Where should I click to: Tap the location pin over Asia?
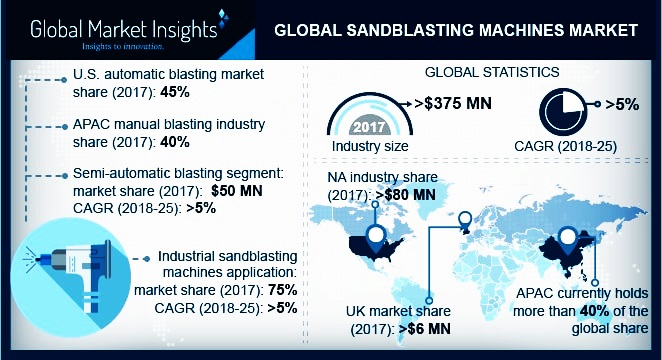[575, 239]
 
